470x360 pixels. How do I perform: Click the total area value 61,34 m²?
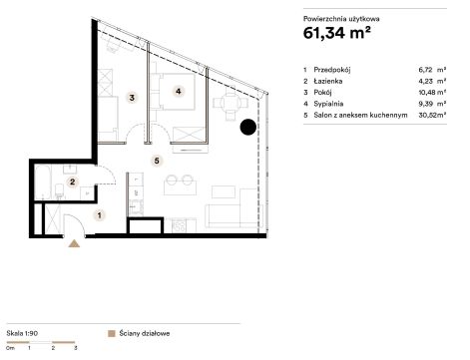point(337,33)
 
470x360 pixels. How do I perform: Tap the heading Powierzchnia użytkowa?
point(341,19)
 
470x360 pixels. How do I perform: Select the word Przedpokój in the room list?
point(332,70)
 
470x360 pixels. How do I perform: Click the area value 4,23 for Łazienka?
point(426,81)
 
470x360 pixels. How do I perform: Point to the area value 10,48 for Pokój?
point(426,93)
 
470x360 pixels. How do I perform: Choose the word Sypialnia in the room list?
point(328,104)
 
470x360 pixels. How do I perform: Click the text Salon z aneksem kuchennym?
point(360,115)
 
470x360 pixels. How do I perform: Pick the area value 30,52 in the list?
point(426,115)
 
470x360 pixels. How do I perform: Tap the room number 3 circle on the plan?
point(132,98)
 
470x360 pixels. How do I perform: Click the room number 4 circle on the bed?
point(179,91)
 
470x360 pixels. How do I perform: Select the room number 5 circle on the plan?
point(157,161)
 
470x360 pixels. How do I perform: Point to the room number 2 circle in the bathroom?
point(73,181)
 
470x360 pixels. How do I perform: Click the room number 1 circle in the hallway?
point(99,215)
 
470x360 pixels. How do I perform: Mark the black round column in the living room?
point(248,128)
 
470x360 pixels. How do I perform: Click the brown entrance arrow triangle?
point(74,243)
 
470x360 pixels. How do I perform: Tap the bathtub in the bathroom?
point(44,181)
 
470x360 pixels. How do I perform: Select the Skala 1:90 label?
point(22,333)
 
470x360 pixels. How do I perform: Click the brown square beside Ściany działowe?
point(112,333)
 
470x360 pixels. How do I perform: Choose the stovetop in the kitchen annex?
point(180,226)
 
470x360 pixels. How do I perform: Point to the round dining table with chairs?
point(231,103)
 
